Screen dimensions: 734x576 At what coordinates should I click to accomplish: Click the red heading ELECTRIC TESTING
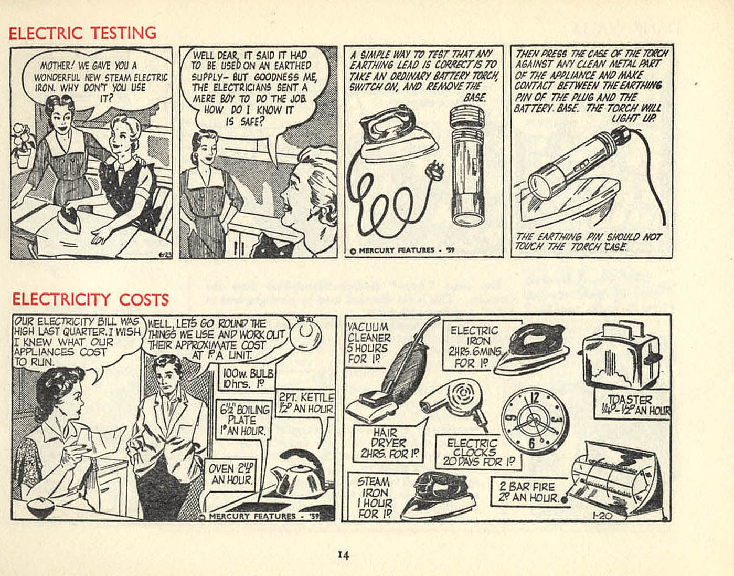click(x=82, y=33)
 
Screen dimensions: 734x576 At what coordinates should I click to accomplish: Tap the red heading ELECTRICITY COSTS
click(x=91, y=299)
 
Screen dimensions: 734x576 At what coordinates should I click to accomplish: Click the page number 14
click(x=343, y=555)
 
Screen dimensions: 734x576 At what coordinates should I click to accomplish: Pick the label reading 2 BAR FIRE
click(x=527, y=487)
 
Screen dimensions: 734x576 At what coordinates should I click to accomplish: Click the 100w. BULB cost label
click(x=248, y=378)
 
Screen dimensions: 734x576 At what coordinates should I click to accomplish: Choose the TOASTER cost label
click(x=632, y=405)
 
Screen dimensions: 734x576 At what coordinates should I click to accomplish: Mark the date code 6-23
click(x=164, y=254)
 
